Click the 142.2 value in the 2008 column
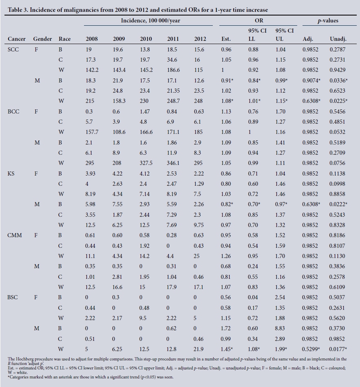point(92,70)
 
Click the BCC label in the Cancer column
point(14,111)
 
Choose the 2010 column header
point(146,39)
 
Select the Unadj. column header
point(338,39)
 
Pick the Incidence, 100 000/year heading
point(148,20)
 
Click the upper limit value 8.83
point(280,328)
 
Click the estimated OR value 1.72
point(225,328)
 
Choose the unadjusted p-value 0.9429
point(338,70)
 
